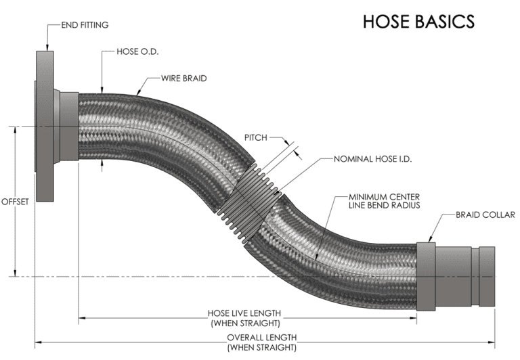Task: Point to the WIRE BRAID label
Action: (x=184, y=78)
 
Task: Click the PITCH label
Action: (x=256, y=137)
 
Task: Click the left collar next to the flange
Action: (x=68, y=127)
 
